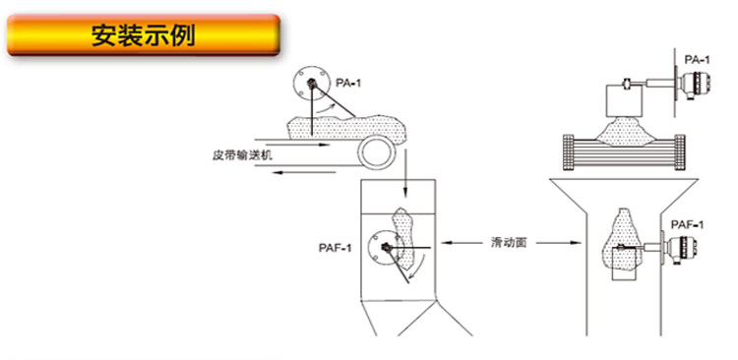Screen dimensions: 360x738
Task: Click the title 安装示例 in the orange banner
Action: pyautogui.click(x=145, y=36)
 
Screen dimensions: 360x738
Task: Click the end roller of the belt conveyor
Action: pyautogui.click(x=374, y=152)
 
